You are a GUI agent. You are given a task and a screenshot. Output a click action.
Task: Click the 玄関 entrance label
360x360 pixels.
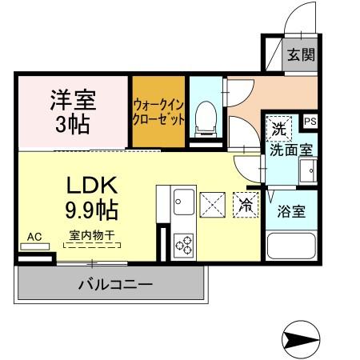pyautogui.click(x=302, y=54)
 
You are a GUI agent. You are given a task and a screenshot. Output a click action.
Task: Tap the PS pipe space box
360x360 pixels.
pyautogui.click(x=310, y=122)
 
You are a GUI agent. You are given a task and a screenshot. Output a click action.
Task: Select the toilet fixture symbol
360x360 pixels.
pyautogui.click(x=206, y=119)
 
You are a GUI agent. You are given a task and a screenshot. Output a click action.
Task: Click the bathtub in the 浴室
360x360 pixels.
pyautogui.click(x=291, y=246)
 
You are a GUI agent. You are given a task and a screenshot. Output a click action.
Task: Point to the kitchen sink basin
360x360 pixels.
pyautogui.click(x=184, y=202)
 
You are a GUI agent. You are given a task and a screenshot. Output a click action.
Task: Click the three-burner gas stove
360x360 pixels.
pyautogui.click(x=184, y=246)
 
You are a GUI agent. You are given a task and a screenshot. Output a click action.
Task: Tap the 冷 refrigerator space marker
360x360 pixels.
pyautogui.click(x=246, y=205)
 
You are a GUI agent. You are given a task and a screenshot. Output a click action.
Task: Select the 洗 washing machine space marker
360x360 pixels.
pyautogui.click(x=279, y=129)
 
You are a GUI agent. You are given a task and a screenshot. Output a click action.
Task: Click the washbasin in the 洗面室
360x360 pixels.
pyautogui.click(x=308, y=171)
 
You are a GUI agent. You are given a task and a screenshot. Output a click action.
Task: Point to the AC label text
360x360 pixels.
pyautogui.click(x=34, y=237)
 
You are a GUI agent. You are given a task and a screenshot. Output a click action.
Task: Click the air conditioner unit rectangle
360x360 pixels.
pyautogui.click(x=35, y=246)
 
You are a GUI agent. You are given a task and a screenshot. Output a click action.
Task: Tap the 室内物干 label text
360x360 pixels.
pyautogui.click(x=92, y=235)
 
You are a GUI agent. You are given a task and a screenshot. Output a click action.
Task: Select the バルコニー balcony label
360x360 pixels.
pyautogui.click(x=115, y=284)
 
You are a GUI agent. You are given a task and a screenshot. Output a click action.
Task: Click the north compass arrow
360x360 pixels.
pyautogui.click(x=301, y=339)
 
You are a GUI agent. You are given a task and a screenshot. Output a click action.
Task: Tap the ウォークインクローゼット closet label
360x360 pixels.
pyautogui.click(x=158, y=112)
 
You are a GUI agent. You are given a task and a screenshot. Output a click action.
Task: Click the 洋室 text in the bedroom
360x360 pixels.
pyautogui.click(x=73, y=100)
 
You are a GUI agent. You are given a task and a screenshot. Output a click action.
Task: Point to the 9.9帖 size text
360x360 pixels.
pyautogui.click(x=91, y=210)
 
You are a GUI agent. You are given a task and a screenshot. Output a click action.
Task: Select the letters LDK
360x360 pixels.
pyautogui.click(x=92, y=185)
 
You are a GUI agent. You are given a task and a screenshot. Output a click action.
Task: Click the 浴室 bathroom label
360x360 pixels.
pyautogui.click(x=291, y=211)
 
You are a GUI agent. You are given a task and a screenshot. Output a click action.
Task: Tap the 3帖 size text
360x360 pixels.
pyautogui.click(x=73, y=124)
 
